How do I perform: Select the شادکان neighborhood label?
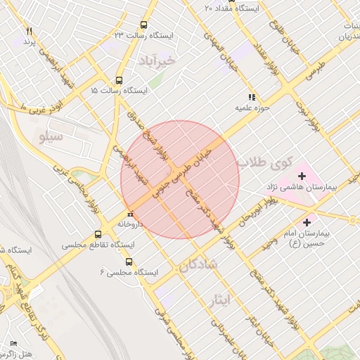(200, 266)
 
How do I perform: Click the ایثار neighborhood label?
(219, 300)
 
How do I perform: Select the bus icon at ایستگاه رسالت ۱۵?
(117, 80)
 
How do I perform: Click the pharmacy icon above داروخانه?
(129, 214)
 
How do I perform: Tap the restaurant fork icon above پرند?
(29, 32)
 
